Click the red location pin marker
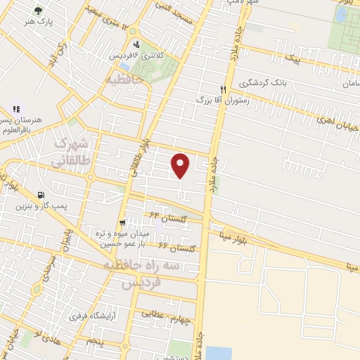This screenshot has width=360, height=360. click(181, 165)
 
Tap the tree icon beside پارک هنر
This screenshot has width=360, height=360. click(37, 11)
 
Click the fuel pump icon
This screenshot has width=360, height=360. click(41, 195)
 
